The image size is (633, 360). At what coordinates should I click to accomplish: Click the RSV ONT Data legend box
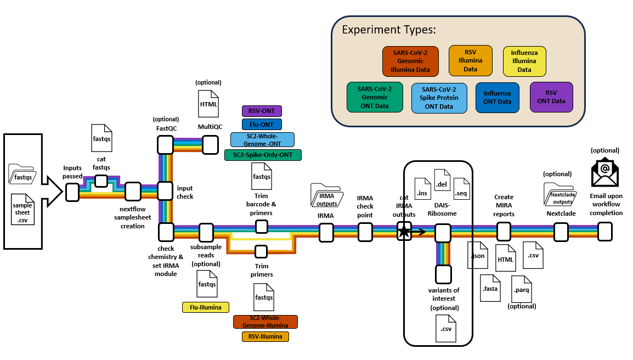pyautogui.click(x=551, y=97)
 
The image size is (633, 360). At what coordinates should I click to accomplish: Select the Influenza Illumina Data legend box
pyautogui.click(x=524, y=61)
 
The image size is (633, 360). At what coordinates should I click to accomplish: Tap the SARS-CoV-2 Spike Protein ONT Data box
pyautogui.click(x=439, y=98)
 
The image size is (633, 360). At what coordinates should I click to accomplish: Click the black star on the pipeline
pyautogui.click(x=404, y=232)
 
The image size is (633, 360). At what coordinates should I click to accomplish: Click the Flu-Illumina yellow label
pyautogui.click(x=205, y=307)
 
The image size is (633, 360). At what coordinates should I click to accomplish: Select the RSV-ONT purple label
pyautogui.click(x=262, y=111)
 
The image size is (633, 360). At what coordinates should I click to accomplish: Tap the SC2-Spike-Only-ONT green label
pyautogui.click(x=263, y=155)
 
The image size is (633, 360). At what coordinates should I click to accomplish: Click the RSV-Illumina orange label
pyautogui.click(x=265, y=336)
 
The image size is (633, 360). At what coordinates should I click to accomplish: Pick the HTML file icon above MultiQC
pyautogui.click(x=208, y=103)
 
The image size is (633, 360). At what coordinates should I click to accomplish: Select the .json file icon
pyautogui.click(x=477, y=255)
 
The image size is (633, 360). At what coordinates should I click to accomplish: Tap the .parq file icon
pyautogui.click(x=521, y=288)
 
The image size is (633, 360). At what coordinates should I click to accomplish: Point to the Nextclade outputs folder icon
pyautogui.click(x=561, y=193)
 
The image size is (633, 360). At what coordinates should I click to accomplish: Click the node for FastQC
pyautogui.click(x=165, y=145)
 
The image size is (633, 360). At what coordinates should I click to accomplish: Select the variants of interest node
pyautogui.click(x=443, y=273)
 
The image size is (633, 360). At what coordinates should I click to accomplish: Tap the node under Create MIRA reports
pyautogui.click(x=504, y=232)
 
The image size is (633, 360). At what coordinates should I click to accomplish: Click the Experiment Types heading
pyautogui.click(x=388, y=30)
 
